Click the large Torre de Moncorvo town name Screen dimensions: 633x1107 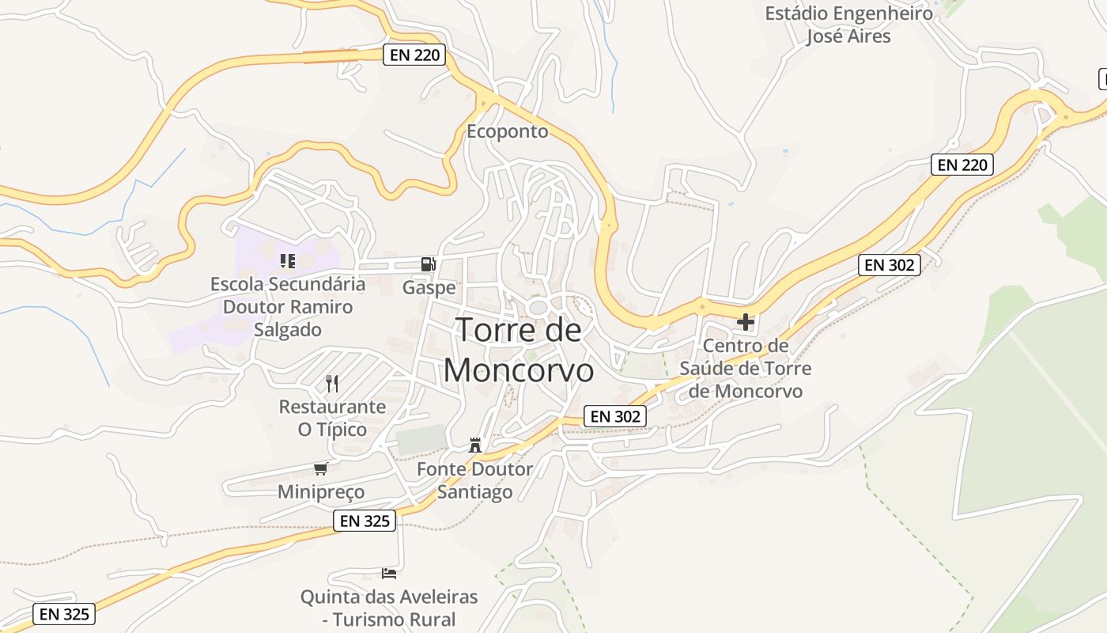pyautogui.click(x=519, y=350)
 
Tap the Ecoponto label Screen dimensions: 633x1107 pyautogui.click(x=507, y=131)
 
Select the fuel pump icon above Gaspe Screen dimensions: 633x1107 pyautogui.click(x=428, y=263)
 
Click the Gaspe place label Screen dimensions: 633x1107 pyautogui.click(x=429, y=287)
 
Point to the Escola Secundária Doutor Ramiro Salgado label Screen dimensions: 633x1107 pyautogui.click(x=288, y=307)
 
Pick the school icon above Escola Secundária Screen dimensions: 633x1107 pyautogui.click(x=288, y=260)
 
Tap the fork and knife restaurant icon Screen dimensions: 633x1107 pyautogui.click(x=332, y=384)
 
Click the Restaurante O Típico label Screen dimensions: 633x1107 pyautogui.click(x=332, y=419)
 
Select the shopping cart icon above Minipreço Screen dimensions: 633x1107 pyautogui.click(x=320, y=468)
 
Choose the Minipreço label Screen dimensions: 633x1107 pyautogui.click(x=321, y=492)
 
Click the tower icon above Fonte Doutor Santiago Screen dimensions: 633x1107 pyautogui.click(x=474, y=445)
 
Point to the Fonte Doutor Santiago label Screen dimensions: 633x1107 pyautogui.click(x=475, y=480)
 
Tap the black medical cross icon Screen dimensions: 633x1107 pyautogui.click(x=745, y=322)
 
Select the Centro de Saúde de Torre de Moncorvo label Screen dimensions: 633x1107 pyautogui.click(x=745, y=369)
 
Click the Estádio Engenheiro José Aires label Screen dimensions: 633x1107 pyautogui.click(x=848, y=25)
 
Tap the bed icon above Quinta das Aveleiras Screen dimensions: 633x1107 pyautogui.click(x=389, y=573)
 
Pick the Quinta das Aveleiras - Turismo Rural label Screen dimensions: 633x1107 pyautogui.click(x=389, y=608)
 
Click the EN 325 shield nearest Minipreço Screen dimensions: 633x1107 pyautogui.click(x=365, y=521)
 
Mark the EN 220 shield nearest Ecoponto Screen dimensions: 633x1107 pyautogui.click(x=414, y=55)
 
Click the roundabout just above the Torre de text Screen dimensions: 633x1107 pyautogui.click(x=539, y=307)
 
